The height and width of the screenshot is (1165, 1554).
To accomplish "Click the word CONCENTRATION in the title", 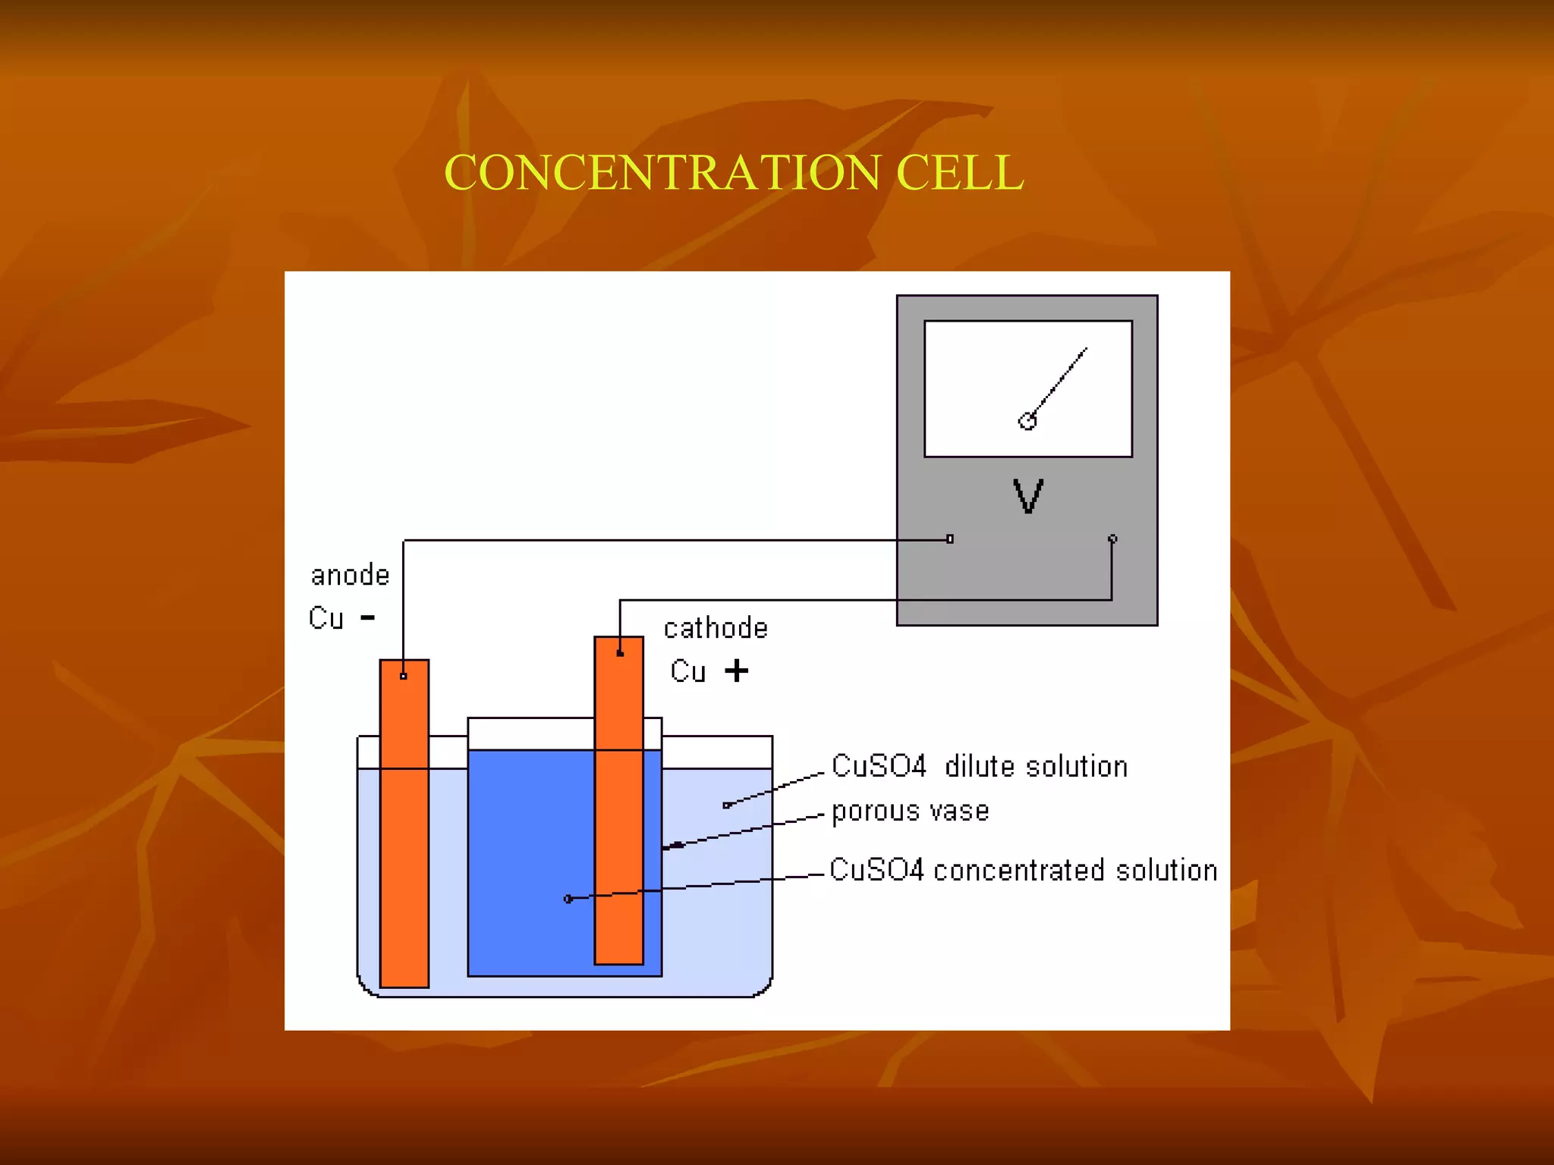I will click(x=662, y=173).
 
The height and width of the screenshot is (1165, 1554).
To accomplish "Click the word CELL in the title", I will click(x=960, y=173).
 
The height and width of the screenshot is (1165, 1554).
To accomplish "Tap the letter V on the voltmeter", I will click(x=1028, y=497).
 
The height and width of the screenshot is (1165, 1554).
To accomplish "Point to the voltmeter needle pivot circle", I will click(x=1027, y=421).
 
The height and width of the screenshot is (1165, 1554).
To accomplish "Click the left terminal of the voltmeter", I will click(x=949, y=539).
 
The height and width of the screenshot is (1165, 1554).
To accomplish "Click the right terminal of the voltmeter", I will click(x=1112, y=539).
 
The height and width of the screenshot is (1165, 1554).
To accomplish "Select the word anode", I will click(x=350, y=576).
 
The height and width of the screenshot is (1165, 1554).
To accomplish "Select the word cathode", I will click(x=716, y=629).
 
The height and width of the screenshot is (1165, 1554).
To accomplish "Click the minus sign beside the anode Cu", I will click(x=368, y=618).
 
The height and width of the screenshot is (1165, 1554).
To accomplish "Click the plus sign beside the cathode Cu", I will click(x=736, y=670).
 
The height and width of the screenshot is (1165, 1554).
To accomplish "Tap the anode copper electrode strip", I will click(x=404, y=834).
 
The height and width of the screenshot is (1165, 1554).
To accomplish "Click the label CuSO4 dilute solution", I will click(x=979, y=767).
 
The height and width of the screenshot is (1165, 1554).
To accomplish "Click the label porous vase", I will click(x=911, y=812).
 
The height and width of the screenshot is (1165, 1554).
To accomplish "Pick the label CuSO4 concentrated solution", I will click(x=1023, y=871).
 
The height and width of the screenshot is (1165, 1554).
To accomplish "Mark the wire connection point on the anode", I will click(x=404, y=676).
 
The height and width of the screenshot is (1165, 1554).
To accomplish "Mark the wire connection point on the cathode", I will click(x=620, y=653).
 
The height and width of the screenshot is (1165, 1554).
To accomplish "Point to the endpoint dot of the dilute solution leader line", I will click(x=726, y=805).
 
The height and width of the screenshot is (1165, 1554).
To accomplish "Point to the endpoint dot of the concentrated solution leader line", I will click(x=568, y=900).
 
